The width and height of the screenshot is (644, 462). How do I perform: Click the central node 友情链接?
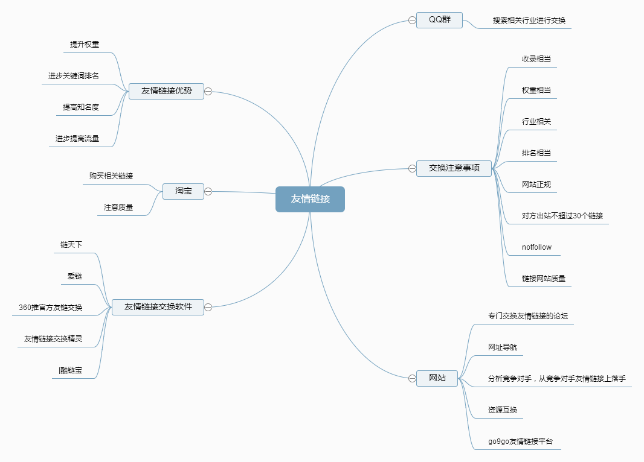[x=310, y=199]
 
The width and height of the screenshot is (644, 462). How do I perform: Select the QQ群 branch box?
[x=439, y=20]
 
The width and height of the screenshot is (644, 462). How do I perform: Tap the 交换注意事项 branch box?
[x=454, y=168]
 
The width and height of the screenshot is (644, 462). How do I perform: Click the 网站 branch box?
[x=437, y=378]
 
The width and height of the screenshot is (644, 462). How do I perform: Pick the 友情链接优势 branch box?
[x=166, y=91]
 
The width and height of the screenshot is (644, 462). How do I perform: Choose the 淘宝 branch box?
[x=184, y=191]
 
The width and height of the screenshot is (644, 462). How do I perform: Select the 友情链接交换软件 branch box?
[x=158, y=307]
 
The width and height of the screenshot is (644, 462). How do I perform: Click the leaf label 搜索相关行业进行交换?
[x=529, y=21]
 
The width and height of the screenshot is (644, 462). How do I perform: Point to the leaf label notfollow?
[x=536, y=247]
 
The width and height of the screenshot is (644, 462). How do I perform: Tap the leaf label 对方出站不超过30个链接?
[x=562, y=216]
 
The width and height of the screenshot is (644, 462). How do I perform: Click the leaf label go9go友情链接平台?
[x=524, y=442]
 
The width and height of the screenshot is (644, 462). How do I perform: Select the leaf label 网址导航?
[x=503, y=347]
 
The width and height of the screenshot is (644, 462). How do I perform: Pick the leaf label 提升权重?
[x=85, y=45]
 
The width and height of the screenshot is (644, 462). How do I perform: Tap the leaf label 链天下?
[x=71, y=245]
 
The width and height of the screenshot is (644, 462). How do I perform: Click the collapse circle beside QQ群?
[x=412, y=20]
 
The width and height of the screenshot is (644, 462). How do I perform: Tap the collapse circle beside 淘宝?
[x=208, y=192]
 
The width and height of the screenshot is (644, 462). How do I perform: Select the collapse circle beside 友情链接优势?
[x=208, y=92]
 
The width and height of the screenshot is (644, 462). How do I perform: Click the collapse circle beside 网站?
[x=412, y=378]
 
